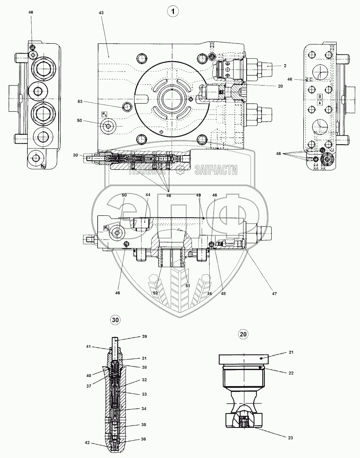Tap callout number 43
tap(101, 13)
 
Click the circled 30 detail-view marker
tap(115, 320)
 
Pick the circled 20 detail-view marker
tap(243, 334)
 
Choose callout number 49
tap(198, 195)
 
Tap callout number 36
tap(143, 439)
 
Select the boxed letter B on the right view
tap(320, 96)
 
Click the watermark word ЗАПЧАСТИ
tap(216, 169)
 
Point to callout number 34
tap(143, 409)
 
